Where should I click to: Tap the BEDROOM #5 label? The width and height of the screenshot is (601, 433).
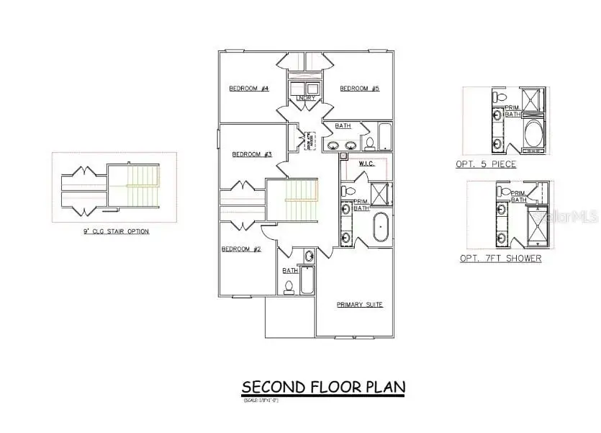tap(359, 89)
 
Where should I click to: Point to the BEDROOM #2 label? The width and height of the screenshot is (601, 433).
tap(240, 249)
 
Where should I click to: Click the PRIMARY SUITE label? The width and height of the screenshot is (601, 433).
tap(359, 305)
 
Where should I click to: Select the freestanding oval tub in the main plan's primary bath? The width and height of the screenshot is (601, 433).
tap(381, 228)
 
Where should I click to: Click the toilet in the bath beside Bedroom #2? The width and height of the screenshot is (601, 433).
tap(289, 287)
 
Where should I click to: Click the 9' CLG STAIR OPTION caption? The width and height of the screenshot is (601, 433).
tap(117, 232)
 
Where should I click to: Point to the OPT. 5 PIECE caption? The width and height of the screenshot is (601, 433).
tap(485, 164)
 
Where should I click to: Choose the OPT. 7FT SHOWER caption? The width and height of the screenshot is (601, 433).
tap(500, 258)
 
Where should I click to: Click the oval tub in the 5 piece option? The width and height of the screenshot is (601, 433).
tap(534, 134)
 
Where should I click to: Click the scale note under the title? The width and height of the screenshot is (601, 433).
tap(260, 400)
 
